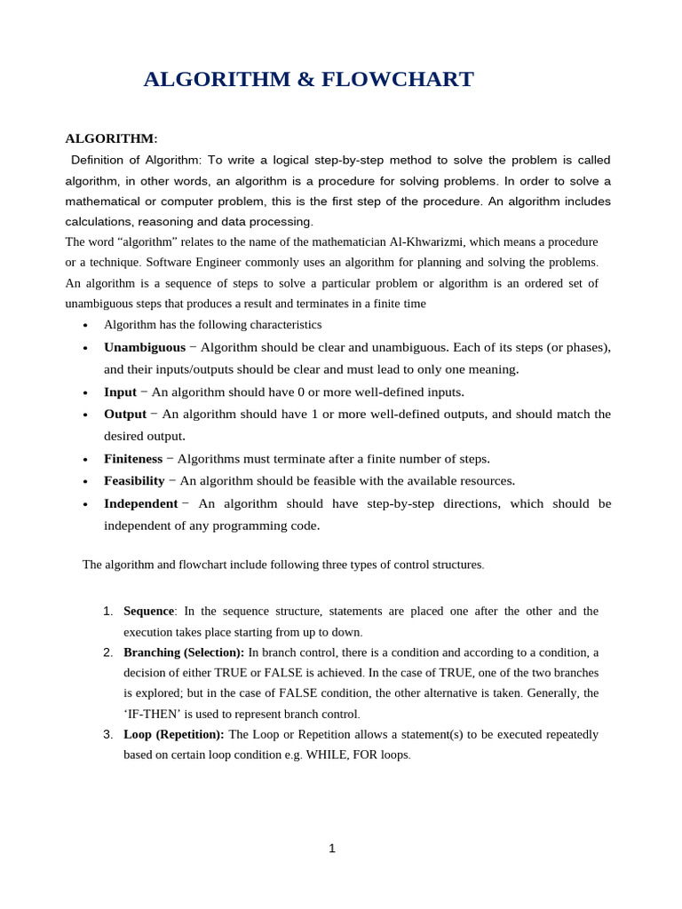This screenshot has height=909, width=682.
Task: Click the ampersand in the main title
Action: point(305,80)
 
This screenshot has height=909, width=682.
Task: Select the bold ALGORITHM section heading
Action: point(109,138)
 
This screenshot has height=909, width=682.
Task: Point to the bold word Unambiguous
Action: point(145,347)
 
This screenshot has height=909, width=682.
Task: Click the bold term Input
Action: point(120,391)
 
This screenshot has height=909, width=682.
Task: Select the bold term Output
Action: point(125,414)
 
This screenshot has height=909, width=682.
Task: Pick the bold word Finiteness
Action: point(133,459)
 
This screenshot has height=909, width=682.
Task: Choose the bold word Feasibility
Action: point(134,480)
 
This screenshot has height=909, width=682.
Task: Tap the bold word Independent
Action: point(140,503)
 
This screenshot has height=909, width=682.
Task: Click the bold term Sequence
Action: point(148,611)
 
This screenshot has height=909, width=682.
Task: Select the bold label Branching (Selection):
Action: point(184,652)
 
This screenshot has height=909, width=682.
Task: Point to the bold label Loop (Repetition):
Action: point(173,734)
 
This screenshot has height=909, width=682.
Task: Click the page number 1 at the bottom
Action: point(332,848)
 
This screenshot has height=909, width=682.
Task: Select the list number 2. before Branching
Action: point(107,652)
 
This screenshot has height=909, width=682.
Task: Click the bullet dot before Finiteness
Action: point(85,460)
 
